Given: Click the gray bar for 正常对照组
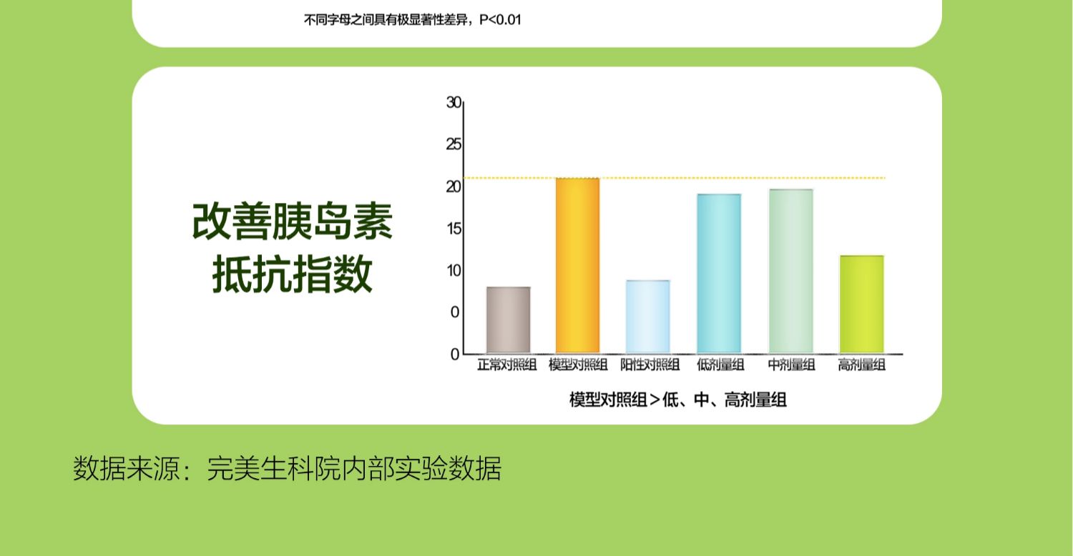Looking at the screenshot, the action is click(508, 320).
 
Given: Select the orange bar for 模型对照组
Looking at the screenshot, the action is click(578, 266).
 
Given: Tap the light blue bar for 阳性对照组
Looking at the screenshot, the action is click(648, 317).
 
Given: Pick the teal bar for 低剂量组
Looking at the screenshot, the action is click(719, 274).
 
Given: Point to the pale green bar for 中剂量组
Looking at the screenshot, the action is click(791, 272).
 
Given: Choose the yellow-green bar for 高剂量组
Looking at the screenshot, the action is click(862, 304).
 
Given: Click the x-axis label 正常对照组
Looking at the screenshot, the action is click(506, 365).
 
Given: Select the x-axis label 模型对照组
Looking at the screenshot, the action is click(578, 365).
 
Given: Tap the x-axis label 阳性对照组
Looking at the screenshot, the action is click(650, 365).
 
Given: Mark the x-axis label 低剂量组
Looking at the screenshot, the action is click(720, 365).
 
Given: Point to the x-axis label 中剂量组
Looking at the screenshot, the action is click(791, 365).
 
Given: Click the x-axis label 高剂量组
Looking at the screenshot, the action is click(861, 365).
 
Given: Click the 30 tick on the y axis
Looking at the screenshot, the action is click(454, 102).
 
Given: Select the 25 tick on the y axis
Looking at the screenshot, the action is click(454, 144).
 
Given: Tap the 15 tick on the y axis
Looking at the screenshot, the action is click(454, 229).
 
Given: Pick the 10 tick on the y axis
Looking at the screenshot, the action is click(454, 271).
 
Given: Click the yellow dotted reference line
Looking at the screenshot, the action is click(675, 178).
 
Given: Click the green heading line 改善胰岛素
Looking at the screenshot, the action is click(292, 222).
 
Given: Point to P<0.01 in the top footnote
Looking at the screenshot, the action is click(500, 19).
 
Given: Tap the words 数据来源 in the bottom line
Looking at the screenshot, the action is click(126, 468).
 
